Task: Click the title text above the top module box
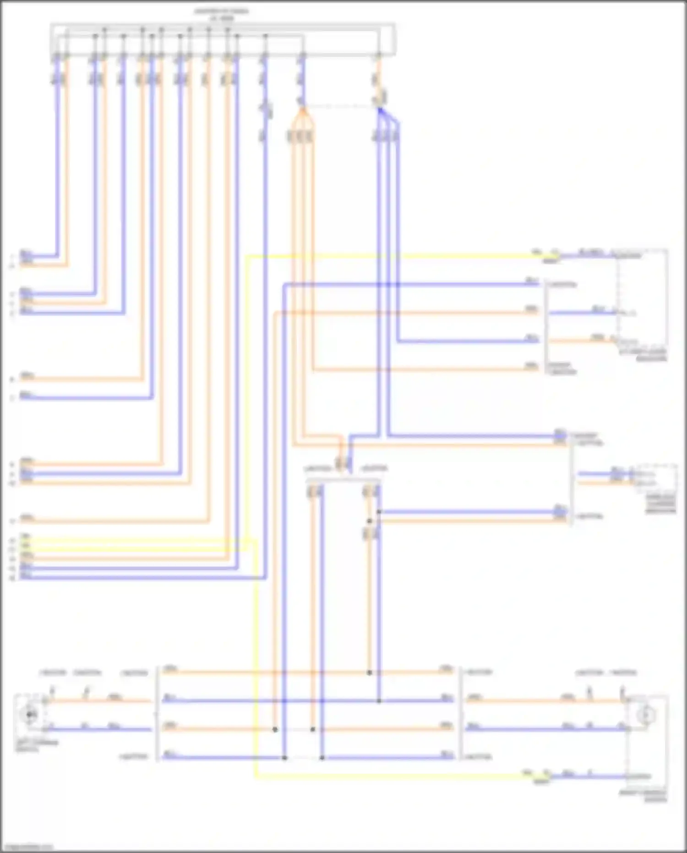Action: point(222,14)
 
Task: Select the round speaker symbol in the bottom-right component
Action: point(646,715)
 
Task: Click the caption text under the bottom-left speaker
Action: point(37,746)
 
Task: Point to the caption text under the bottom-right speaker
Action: point(643,796)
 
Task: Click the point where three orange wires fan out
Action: point(301,110)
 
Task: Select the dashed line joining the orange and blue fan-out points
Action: point(340,107)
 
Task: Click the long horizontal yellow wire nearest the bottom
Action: point(389,776)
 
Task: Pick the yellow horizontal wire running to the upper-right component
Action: point(389,256)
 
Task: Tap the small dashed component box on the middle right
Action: point(656,478)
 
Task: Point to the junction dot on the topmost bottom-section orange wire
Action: point(369,672)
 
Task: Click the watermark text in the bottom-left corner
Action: point(27,847)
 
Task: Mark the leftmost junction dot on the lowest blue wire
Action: point(284,758)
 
